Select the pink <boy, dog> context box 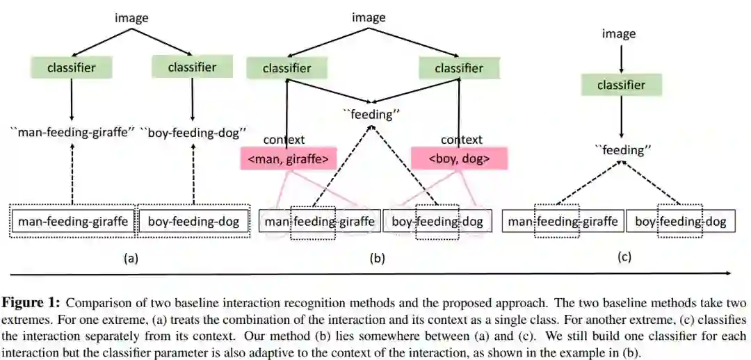(x=459, y=159)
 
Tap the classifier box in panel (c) (x=622, y=85)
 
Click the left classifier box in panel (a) (x=71, y=67)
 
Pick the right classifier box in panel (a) (x=191, y=67)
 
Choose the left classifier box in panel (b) (x=286, y=68)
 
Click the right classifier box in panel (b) (x=458, y=68)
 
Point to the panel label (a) (x=131, y=259)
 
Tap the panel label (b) (x=377, y=259)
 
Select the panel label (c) (x=624, y=257)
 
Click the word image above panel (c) (x=618, y=33)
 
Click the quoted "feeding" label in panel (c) (x=621, y=149)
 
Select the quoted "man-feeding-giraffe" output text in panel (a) (x=72, y=132)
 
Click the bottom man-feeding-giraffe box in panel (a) (x=73, y=222)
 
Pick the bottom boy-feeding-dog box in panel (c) (x=680, y=222)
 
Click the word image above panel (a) (x=131, y=18)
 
